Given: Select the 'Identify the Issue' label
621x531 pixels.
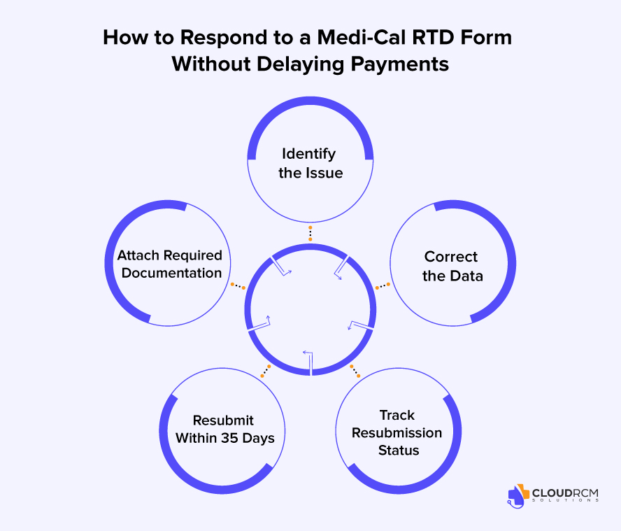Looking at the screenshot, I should click(x=310, y=162).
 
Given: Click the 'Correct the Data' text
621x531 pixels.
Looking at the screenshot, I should click(x=452, y=266).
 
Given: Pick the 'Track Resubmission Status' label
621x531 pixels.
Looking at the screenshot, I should click(x=397, y=432).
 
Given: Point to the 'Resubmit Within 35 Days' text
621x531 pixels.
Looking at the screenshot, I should click(x=224, y=430).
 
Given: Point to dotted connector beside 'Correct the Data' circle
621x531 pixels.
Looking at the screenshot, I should click(x=383, y=285).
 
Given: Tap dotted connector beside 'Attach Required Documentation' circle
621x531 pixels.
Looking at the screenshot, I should click(x=237, y=285).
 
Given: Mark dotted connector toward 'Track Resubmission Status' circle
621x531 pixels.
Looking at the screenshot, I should click(x=355, y=370).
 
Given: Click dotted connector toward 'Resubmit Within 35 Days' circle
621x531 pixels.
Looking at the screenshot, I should click(x=265, y=371).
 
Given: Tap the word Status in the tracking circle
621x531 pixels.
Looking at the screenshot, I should click(x=398, y=450).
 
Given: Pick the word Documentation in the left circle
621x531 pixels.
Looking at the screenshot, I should click(x=171, y=273).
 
